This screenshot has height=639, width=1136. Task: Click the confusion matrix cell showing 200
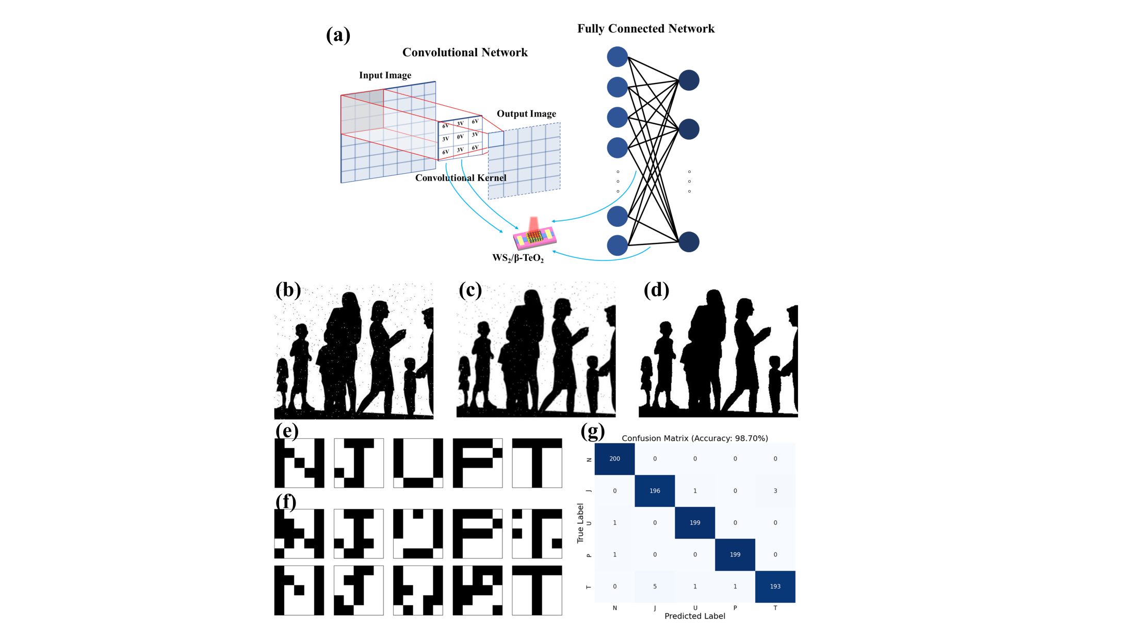point(614,458)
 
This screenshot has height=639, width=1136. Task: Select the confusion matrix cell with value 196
point(655,490)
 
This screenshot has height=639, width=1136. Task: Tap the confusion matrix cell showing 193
point(775,586)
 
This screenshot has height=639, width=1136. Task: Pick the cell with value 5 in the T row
point(655,586)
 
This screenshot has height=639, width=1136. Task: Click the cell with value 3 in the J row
point(775,490)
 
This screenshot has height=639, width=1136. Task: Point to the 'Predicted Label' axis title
point(694,616)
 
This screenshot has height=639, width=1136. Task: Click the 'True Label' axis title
point(580,523)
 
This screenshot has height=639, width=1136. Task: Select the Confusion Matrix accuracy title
point(694,438)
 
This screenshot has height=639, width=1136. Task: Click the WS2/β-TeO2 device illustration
point(534,237)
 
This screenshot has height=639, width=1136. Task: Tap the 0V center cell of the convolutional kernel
point(460,137)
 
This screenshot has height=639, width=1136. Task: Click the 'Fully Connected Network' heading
point(645,28)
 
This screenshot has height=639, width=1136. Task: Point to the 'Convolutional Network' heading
point(465,52)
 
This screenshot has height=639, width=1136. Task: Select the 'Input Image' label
point(385,75)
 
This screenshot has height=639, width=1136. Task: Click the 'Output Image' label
point(526,113)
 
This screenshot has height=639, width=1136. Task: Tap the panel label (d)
point(656,290)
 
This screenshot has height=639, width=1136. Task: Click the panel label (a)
point(338,35)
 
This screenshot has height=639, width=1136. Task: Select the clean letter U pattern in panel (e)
point(418,463)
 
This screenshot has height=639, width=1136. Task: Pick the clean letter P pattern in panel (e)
point(477,463)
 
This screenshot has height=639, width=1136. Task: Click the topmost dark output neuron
point(689,80)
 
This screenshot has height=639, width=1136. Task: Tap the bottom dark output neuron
point(689,242)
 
